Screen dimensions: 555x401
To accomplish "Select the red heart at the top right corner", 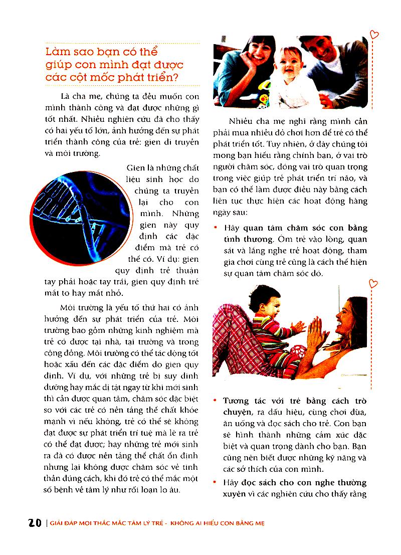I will pos(373,34).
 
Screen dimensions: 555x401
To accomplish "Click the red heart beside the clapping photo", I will pos(373,284).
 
